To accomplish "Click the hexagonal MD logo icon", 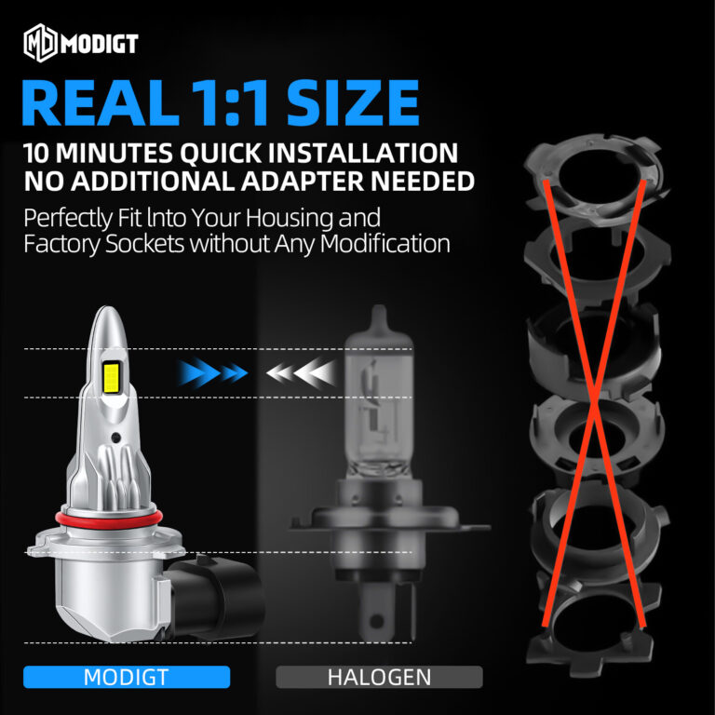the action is pyautogui.click(x=40, y=43).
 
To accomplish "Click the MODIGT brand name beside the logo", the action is pyautogui.click(x=100, y=44).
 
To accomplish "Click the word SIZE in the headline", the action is pyautogui.click(x=353, y=102).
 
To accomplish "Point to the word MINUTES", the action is pyautogui.click(x=114, y=153).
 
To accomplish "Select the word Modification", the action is pyautogui.click(x=384, y=244).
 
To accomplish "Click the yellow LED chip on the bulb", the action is pyautogui.click(x=112, y=378).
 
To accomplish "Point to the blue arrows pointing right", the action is pyautogui.click(x=213, y=373).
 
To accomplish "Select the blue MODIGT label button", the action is pyautogui.click(x=127, y=677).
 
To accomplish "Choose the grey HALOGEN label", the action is pyautogui.click(x=380, y=677).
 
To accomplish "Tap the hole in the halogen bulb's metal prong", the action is pyautogui.click(x=376, y=621).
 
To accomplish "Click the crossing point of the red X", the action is pyautogui.click(x=595, y=402).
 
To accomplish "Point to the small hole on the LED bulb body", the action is pyautogui.click(x=115, y=437).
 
